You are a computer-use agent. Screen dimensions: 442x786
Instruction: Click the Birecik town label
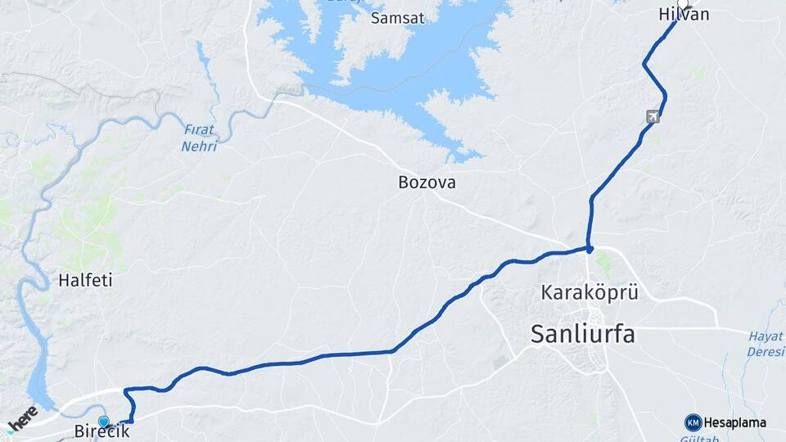click(102, 432)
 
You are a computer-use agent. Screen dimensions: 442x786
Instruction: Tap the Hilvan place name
click(683, 15)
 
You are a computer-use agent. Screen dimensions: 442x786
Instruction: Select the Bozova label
click(427, 182)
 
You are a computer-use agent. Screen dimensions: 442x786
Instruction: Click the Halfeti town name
click(84, 280)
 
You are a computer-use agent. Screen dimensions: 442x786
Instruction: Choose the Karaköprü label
click(589, 291)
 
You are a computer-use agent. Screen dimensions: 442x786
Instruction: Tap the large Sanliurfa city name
click(583, 333)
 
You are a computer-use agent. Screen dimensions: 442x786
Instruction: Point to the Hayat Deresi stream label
click(766, 344)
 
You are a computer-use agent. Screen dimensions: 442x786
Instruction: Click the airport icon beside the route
click(652, 117)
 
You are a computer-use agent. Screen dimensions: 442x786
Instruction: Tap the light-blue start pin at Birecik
click(103, 422)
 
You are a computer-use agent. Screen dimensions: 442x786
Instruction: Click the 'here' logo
click(22, 417)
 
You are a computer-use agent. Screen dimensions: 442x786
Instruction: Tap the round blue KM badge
click(693, 422)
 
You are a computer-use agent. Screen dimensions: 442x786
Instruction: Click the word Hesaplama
click(734, 423)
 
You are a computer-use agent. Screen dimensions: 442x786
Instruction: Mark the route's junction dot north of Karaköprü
click(589, 248)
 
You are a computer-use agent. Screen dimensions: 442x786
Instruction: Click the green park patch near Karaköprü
click(604, 263)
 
